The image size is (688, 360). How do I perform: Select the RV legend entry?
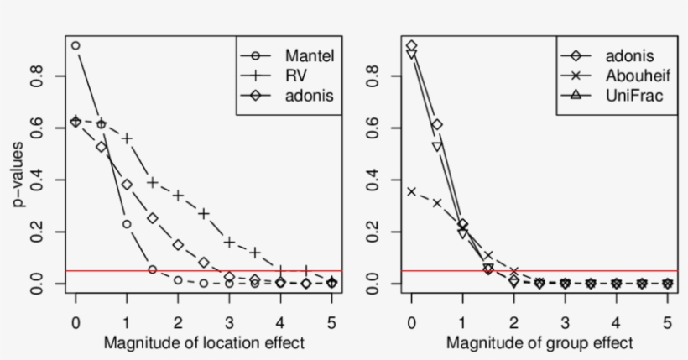pyautogui.click(x=289, y=76)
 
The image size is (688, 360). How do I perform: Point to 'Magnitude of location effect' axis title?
pyautogui.click(x=205, y=343)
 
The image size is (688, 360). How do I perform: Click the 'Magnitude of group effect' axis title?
pyautogui.click(x=539, y=343)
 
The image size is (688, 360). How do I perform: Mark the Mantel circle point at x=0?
pyautogui.click(x=76, y=46)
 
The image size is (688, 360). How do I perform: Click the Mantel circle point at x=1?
pyautogui.click(x=127, y=224)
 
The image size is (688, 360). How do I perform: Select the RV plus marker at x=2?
pyautogui.click(x=178, y=196)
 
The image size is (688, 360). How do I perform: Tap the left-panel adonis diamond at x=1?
pyautogui.click(x=127, y=185)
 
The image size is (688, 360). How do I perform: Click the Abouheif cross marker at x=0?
pyautogui.click(x=411, y=191)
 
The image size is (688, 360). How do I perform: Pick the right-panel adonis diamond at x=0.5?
pyautogui.click(x=437, y=124)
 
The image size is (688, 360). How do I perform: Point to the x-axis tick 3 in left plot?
pyautogui.click(x=229, y=321)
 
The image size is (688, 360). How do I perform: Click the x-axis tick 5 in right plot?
pyautogui.click(x=667, y=321)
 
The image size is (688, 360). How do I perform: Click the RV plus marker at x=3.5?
pyautogui.click(x=255, y=252)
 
